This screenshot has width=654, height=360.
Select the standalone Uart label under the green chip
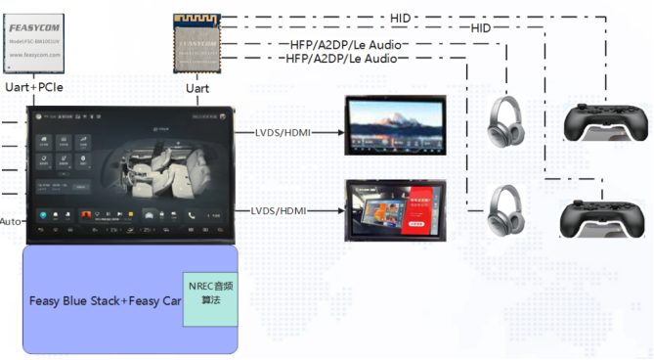point(196,89)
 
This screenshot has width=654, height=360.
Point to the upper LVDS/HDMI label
point(282,131)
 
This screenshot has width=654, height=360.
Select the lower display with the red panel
point(396,208)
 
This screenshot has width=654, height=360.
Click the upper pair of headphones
point(507,122)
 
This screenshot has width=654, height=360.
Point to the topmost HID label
point(400,17)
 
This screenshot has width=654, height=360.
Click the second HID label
point(480,29)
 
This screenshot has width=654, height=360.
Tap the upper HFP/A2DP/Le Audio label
point(348,44)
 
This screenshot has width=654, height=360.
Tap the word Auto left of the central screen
point(11,221)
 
